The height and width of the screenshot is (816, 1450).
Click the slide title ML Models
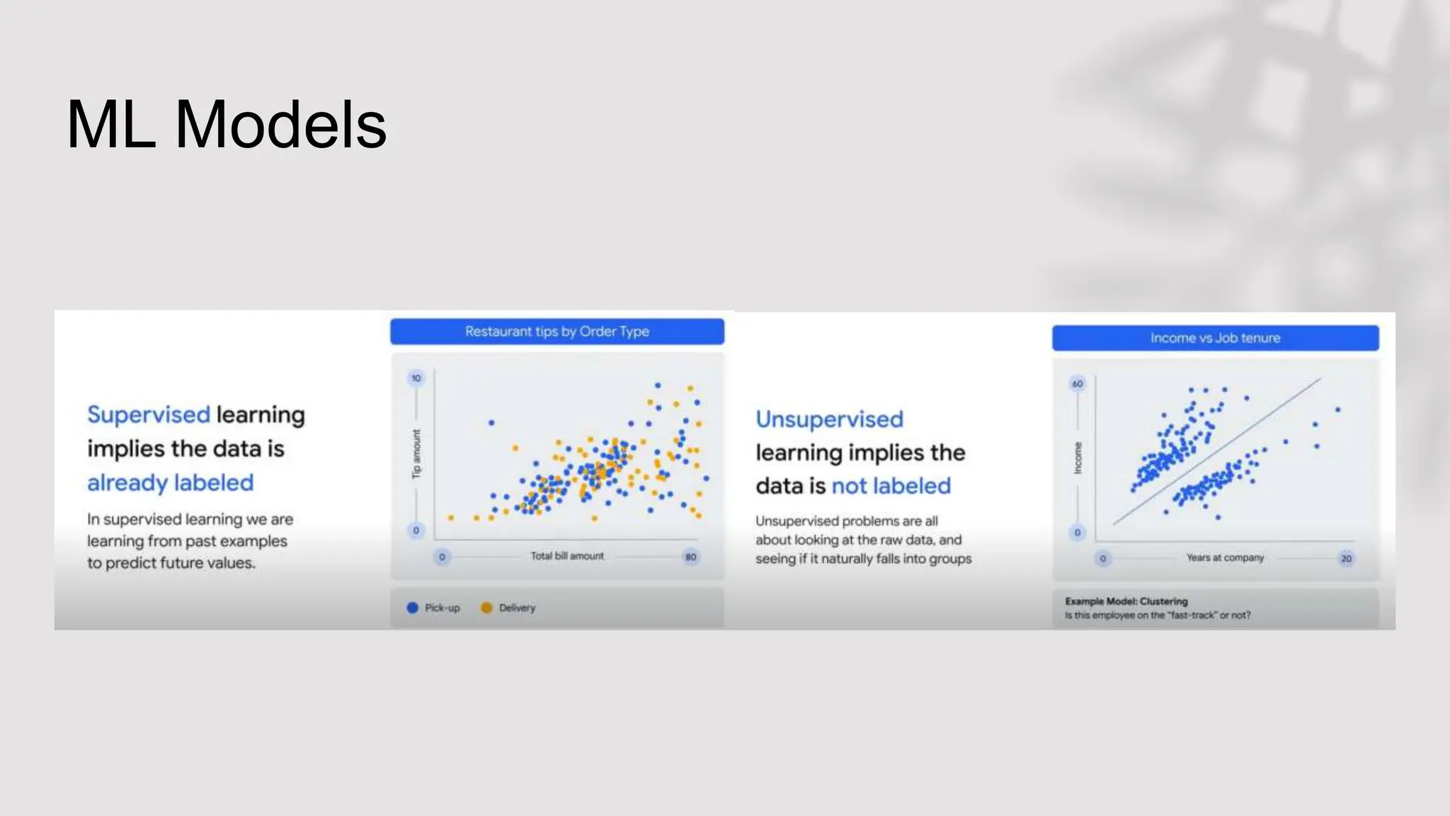pyautogui.click(x=227, y=125)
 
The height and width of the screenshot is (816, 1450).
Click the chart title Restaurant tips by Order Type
pyautogui.click(x=556, y=331)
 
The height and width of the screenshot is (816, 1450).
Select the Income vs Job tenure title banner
pyautogui.click(x=1215, y=338)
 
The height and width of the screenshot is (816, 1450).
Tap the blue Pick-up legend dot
pyautogui.click(x=413, y=608)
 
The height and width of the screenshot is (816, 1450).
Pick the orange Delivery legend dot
pyautogui.click(x=486, y=608)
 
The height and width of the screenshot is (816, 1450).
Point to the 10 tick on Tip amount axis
pyautogui.click(x=416, y=378)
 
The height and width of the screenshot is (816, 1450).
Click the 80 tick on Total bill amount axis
pyautogui.click(x=690, y=557)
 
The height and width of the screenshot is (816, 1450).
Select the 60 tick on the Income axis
pyautogui.click(x=1078, y=384)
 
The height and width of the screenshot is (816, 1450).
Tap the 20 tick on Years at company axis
pyautogui.click(x=1346, y=558)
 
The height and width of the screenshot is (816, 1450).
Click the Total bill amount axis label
pyautogui.click(x=567, y=556)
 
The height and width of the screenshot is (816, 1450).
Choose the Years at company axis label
pyautogui.click(x=1225, y=557)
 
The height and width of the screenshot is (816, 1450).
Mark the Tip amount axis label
pyautogui.click(x=416, y=453)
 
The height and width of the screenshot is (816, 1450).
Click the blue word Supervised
pyautogui.click(x=149, y=414)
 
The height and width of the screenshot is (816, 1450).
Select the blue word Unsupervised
pyautogui.click(x=829, y=419)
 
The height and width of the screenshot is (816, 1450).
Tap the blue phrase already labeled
pyautogui.click(x=170, y=482)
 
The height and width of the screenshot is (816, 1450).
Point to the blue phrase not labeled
pyautogui.click(x=891, y=486)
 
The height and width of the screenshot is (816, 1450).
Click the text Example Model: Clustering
pyautogui.click(x=1126, y=601)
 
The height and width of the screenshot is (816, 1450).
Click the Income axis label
pyautogui.click(x=1078, y=458)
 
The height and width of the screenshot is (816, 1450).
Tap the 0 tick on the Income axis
pyautogui.click(x=1078, y=533)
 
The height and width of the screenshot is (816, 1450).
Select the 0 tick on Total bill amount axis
pyautogui.click(x=442, y=557)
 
